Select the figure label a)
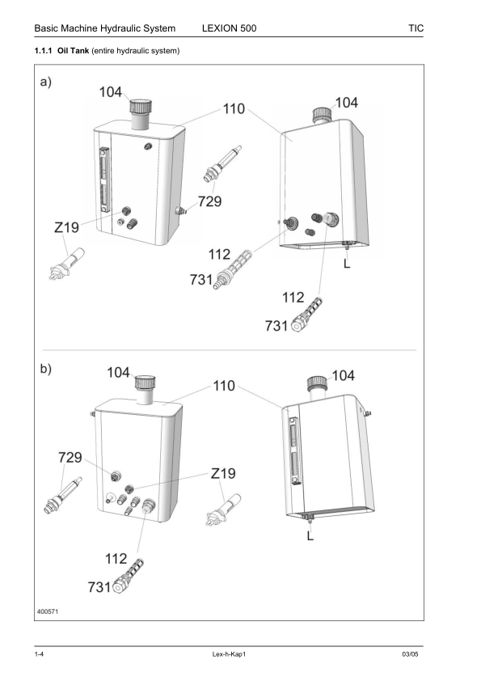(47, 82)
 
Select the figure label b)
(47, 369)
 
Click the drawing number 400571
(47, 611)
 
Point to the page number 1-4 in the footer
(39, 654)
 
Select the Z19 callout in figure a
(66, 229)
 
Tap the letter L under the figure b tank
(310, 535)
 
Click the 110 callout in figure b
(224, 386)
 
